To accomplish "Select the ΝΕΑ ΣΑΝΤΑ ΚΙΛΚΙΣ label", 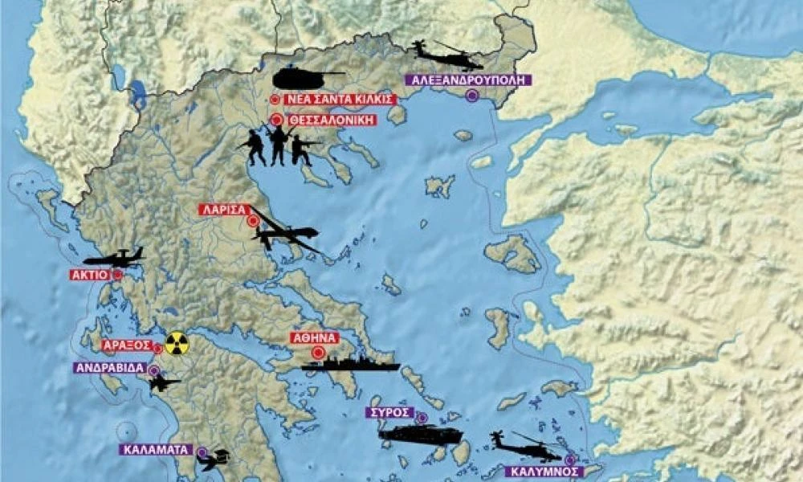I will [340, 100].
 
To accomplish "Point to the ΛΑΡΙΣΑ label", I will [222, 210].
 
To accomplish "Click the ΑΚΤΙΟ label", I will [89, 275].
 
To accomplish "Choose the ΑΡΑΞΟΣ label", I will [127, 345].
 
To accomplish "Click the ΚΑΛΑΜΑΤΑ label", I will [156, 450].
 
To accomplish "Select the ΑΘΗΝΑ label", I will [316, 338].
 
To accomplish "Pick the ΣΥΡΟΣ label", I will [388, 412].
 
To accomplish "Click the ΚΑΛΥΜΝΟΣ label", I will [544, 472].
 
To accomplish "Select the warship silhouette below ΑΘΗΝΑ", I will [351, 365].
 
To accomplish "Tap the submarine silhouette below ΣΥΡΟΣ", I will [420, 435].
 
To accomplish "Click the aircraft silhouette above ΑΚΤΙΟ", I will [112, 258].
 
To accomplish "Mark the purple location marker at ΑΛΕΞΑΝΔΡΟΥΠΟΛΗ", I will [472, 96].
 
